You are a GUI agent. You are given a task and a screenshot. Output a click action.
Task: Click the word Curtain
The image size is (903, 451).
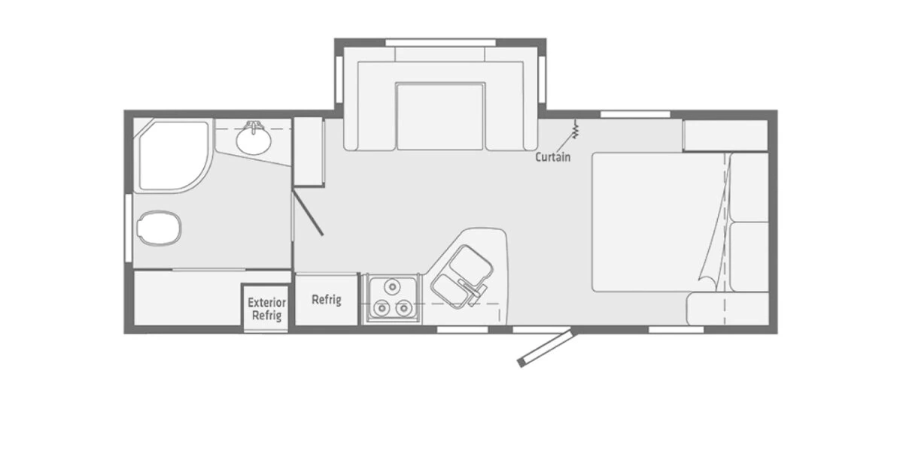coord(552,157)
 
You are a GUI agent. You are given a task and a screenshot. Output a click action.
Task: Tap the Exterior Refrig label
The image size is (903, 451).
coord(266,309)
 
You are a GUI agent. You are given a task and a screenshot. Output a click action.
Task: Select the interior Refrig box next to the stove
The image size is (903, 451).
coord(326,299)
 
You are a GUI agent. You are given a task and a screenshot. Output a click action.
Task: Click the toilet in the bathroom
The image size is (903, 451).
coord(160,227)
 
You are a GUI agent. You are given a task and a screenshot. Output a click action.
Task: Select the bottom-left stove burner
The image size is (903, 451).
coord(381,307)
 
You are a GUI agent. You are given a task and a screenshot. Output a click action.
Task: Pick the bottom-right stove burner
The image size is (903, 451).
coord(403,307)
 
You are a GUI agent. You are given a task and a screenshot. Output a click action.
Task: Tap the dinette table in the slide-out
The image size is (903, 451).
coord(440,117)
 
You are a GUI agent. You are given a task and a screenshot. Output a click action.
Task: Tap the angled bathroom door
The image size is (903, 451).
coord(309,213)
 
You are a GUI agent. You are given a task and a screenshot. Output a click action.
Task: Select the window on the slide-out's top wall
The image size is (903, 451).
coord(440,41)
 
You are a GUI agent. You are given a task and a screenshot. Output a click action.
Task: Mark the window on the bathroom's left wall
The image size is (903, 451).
coord(128,227)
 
